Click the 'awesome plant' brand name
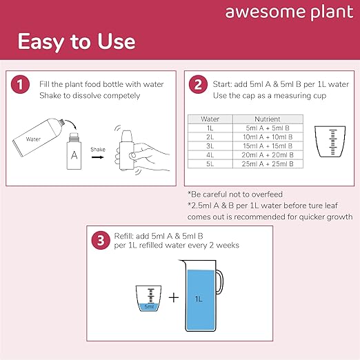(x=289, y=12)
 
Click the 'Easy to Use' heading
(x=77, y=42)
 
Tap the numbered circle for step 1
(x=20, y=84)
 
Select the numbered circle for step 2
(x=198, y=84)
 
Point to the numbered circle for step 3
(x=101, y=241)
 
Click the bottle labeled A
(x=74, y=151)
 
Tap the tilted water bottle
(x=38, y=137)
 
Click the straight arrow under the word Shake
(x=98, y=157)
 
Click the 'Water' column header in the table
(x=210, y=119)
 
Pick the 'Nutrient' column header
(x=268, y=119)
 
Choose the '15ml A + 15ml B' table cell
(x=268, y=146)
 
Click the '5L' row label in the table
(x=210, y=164)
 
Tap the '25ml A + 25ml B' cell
(x=268, y=164)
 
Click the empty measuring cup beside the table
(x=330, y=141)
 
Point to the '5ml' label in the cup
(x=149, y=306)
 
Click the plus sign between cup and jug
(x=174, y=298)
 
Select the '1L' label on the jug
(x=199, y=299)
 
